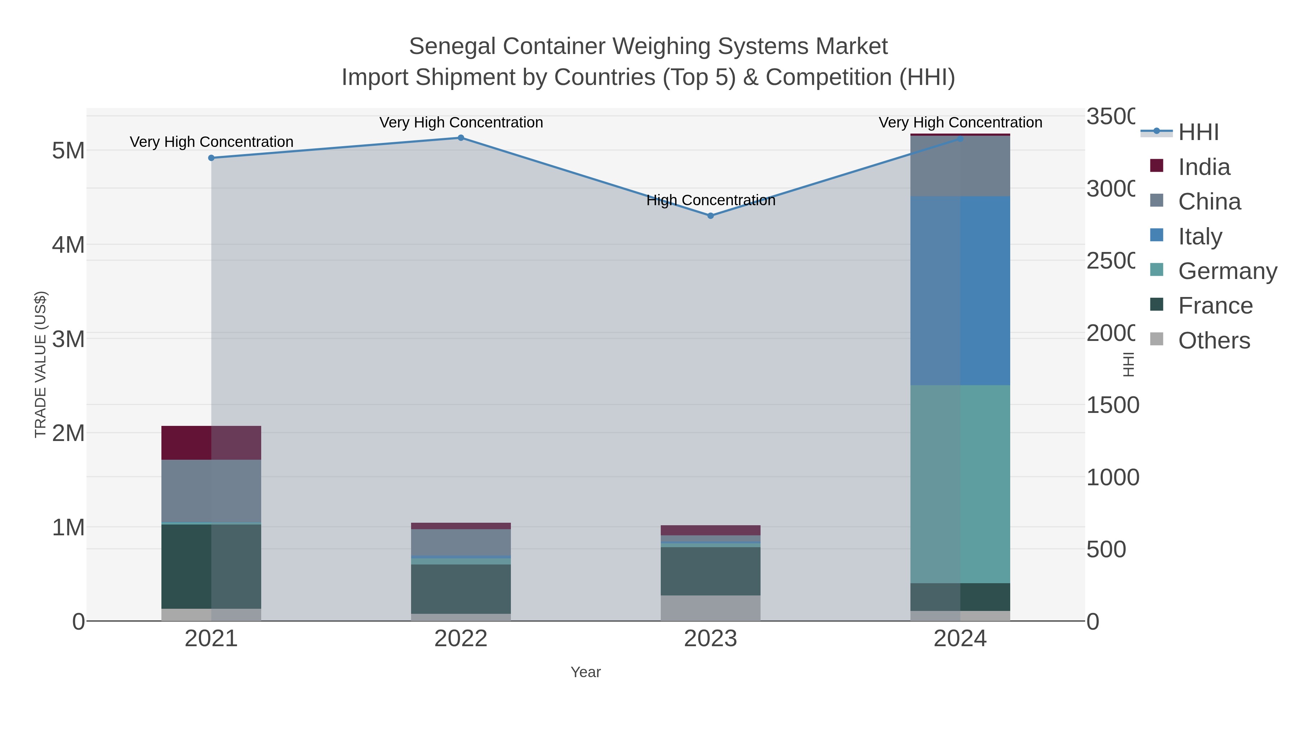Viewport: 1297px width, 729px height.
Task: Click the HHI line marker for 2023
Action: (710, 216)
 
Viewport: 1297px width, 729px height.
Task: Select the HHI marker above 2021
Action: (211, 158)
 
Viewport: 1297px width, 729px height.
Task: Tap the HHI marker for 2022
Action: (461, 138)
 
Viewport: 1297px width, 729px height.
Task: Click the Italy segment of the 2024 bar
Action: (960, 291)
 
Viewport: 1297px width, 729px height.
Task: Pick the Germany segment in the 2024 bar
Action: (960, 484)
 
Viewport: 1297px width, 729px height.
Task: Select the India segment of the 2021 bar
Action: (211, 443)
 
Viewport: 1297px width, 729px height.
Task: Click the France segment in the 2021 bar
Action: (211, 567)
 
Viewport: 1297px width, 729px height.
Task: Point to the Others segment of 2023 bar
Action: (710, 608)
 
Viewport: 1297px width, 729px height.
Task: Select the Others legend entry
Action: (1213, 341)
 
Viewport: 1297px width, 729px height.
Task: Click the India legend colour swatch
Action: (1157, 166)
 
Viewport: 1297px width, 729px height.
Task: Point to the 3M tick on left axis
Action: (68, 339)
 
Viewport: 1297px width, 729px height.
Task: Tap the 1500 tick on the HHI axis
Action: (1112, 405)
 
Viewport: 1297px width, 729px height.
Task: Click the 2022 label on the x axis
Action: (461, 639)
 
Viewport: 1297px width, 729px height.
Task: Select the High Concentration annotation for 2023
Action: (710, 200)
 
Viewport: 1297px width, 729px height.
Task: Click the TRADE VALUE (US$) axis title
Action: (40, 364)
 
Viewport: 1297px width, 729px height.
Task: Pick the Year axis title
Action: (585, 672)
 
